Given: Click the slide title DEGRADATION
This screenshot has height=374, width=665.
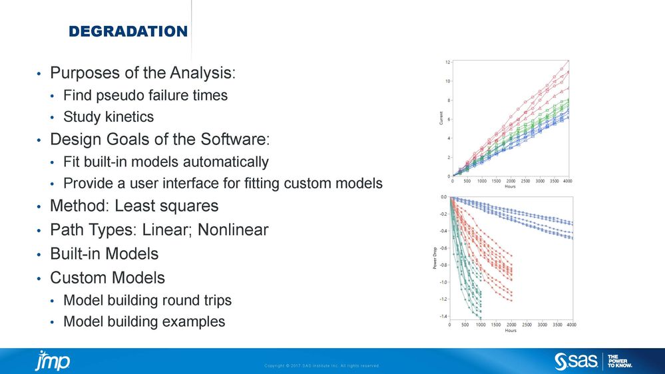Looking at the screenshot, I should [128, 31].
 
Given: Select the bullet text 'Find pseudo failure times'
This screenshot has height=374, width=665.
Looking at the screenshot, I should [145, 95].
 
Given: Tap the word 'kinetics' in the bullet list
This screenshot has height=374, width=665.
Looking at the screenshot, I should [131, 117].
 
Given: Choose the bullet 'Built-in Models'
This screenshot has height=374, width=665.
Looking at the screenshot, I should [105, 254].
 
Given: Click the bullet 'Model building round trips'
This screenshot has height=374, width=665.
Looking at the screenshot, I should [147, 300].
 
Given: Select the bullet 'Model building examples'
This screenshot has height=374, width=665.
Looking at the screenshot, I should [144, 322].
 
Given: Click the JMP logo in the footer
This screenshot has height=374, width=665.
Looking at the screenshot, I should [53, 360].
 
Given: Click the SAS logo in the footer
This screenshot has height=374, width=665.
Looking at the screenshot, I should [575, 361].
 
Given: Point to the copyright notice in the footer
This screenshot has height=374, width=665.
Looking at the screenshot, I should [322, 365].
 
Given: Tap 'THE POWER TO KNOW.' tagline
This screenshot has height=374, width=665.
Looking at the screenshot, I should [620, 361].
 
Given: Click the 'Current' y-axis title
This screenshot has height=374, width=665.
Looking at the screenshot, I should [441, 118].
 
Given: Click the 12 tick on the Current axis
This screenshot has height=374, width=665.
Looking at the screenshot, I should [447, 62].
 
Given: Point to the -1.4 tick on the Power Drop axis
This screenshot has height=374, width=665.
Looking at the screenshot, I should [443, 317].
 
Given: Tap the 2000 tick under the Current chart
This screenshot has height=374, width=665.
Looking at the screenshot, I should [511, 180].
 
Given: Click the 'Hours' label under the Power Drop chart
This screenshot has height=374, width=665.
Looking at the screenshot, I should [511, 330].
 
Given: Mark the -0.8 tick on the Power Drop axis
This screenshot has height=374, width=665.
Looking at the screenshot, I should [443, 265].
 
